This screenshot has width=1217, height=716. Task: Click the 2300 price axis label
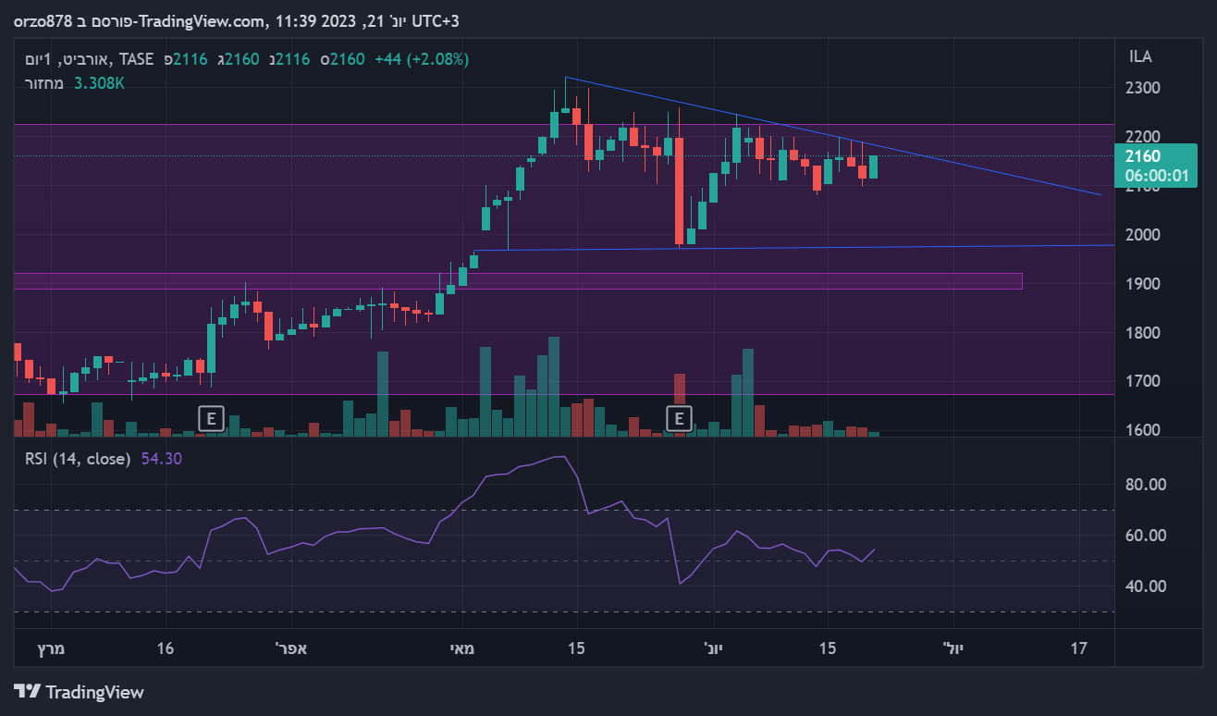coord(1143,88)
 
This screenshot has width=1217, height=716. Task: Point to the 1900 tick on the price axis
coord(1143,284)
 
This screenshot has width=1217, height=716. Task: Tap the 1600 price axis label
coord(1143,430)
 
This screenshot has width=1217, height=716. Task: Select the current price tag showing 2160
coord(1156,166)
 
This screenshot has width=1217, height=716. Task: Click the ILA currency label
coord(1140,57)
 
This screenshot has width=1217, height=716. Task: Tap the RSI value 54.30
coord(162,459)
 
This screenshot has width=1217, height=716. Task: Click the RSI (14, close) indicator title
coord(78,459)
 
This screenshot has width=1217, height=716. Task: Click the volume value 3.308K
coord(99,83)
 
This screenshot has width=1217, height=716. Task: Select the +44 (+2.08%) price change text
coord(422,59)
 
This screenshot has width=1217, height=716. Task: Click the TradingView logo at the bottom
coord(80,692)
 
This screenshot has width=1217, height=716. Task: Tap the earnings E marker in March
coord(211,419)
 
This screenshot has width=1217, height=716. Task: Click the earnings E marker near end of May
coord(680,419)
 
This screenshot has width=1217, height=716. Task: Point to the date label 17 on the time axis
coord(1078,648)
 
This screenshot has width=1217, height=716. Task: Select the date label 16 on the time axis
coord(166,648)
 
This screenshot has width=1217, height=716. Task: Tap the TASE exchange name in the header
coord(137,59)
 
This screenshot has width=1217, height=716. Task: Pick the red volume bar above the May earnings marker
coord(680,389)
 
